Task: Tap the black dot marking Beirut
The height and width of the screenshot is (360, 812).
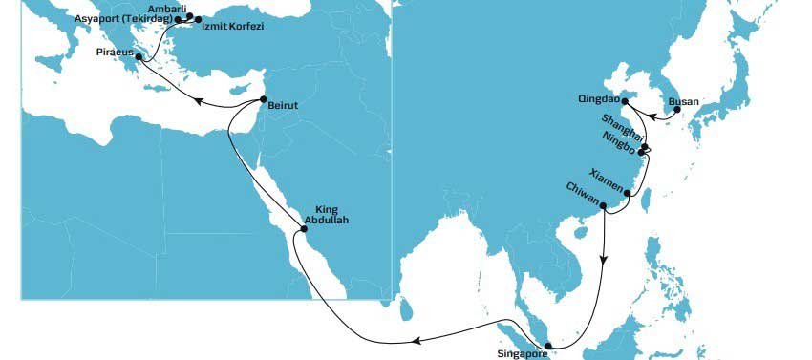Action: pos(264,100)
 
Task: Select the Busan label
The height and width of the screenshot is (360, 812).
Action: pos(683,100)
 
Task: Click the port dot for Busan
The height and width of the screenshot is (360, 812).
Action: pos(677,110)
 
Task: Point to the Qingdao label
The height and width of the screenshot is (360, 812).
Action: pos(599,99)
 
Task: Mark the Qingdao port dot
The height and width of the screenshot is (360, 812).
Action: pos(626,100)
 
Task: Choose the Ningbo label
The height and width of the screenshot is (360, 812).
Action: pos(621,147)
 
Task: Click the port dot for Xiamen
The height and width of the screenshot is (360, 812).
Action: pos(628,194)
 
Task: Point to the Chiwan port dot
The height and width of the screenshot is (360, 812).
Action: pos(603,204)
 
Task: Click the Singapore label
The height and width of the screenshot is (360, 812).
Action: pos(523,354)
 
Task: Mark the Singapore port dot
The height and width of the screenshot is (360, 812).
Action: pos(547,347)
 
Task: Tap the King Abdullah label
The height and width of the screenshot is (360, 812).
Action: pos(326,215)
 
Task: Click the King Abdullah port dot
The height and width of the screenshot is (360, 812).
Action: pos(304,229)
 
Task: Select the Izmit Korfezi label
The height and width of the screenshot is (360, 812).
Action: pos(232,26)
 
